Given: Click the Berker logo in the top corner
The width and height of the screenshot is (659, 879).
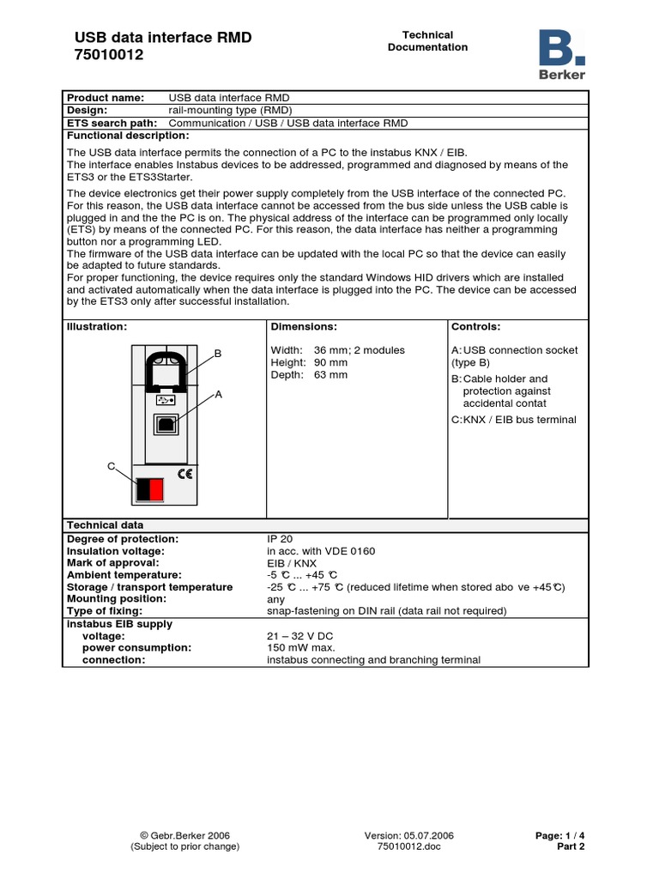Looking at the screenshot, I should (x=562, y=55).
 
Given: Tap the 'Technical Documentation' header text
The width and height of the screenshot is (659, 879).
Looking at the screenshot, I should (x=427, y=41).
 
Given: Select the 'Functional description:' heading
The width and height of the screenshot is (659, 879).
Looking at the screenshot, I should (x=128, y=136).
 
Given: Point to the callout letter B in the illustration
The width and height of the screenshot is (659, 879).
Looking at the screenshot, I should (x=218, y=354).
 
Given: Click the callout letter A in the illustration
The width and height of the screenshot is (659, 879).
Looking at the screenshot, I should (x=218, y=394).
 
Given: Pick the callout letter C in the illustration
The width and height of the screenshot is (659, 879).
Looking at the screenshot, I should (x=111, y=465).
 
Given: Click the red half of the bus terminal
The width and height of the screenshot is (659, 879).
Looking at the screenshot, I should (x=156, y=489).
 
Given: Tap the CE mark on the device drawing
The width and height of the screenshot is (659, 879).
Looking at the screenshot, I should (x=184, y=473).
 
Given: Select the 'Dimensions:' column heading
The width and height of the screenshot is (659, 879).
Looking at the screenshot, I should (x=304, y=327).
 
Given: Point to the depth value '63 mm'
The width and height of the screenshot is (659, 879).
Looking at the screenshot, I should (x=330, y=375).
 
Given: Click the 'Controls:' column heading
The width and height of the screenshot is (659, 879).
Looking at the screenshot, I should (x=475, y=327).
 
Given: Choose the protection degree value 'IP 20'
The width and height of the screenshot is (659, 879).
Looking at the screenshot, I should (x=280, y=538).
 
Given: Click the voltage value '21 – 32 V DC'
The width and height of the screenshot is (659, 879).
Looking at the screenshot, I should (x=300, y=636).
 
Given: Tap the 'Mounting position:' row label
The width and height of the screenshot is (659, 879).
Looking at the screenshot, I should (x=117, y=598).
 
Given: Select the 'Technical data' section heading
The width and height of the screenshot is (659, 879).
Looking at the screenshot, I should (x=106, y=524).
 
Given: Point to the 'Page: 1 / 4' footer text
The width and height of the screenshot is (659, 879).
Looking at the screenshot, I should (x=559, y=835).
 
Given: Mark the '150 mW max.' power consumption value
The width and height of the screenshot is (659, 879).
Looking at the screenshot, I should (x=301, y=648).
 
